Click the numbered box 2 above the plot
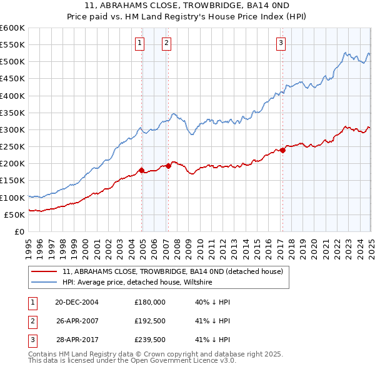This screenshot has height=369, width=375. click(x=167, y=43)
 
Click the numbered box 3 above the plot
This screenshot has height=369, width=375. click(x=281, y=43)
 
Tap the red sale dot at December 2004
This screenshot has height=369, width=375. click(x=142, y=170)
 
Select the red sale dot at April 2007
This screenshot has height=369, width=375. click(x=168, y=166)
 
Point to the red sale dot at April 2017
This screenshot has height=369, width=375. click(x=282, y=150)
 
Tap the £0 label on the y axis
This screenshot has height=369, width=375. click(x=19, y=232)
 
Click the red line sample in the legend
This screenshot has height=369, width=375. click(x=44, y=271)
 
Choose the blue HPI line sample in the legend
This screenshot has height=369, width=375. click(x=44, y=283)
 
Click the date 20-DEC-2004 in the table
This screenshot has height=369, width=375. click(x=77, y=302)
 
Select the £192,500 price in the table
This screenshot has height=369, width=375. click(x=150, y=321)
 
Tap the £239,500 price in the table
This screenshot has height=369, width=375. click(x=150, y=341)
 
